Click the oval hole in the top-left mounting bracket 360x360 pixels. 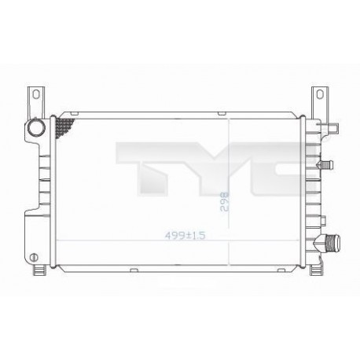pyautogui.click(x=36, y=94)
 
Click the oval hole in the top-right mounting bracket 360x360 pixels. pyautogui.click(x=320, y=94)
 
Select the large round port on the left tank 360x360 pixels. pyautogui.click(x=36, y=128)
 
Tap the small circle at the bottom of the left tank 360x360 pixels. pyautogui.click(x=34, y=257)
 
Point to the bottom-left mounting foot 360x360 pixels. pyautogui.click(x=40, y=270)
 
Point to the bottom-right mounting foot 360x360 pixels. pyautogui.click(x=316, y=270)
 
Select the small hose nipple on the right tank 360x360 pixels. pyautogui.click(x=325, y=165)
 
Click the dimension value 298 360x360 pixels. pyautogui.click(x=225, y=202)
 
